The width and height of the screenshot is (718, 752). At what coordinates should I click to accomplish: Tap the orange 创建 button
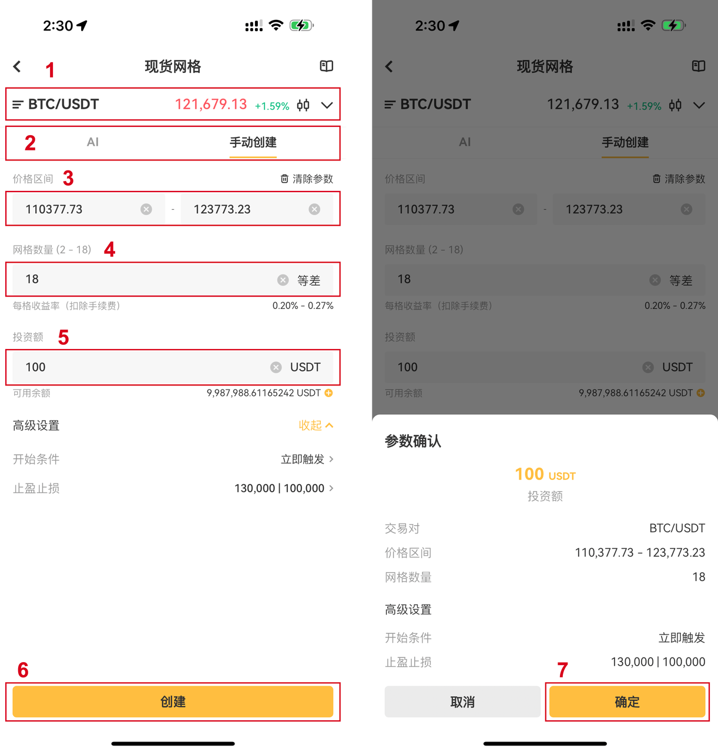[x=173, y=701]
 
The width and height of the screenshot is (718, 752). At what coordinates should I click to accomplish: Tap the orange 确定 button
[x=627, y=701]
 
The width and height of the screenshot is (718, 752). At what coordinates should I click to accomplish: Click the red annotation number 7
[x=562, y=670]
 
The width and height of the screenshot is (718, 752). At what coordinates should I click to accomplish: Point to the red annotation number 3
[x=68, y=178]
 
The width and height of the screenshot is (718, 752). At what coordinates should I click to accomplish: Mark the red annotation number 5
[x=63, y=337]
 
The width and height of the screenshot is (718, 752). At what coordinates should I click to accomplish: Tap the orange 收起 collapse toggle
[x=316, y=425]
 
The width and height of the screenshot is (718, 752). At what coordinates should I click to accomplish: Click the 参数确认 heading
[x=412, y=441]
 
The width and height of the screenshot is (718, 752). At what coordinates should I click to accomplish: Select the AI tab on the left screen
[x=93, y=142]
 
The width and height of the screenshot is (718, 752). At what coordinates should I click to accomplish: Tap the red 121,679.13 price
[x=210, y=105]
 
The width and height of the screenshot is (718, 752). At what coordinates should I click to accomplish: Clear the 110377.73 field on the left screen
[x=146, y=209]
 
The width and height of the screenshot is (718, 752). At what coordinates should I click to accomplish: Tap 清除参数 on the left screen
[x=307, y=179]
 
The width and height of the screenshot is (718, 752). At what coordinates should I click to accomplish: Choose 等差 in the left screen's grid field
[x=308, y=280]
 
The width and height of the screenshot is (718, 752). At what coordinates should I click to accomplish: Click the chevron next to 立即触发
[x=331, y=459]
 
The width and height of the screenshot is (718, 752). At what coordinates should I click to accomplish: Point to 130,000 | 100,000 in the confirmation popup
[x=657, y=662]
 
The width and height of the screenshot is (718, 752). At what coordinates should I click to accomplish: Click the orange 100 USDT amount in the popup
[x=545, y=474]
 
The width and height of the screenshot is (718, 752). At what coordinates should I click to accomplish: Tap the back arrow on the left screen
[x=17, y=66]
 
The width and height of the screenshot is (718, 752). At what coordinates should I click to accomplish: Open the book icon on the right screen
[x=698, y=66]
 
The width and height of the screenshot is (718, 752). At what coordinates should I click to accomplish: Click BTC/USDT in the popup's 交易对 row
[x=677, y=528]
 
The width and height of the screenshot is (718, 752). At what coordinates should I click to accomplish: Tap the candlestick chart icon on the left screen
[x=303, y=105]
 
